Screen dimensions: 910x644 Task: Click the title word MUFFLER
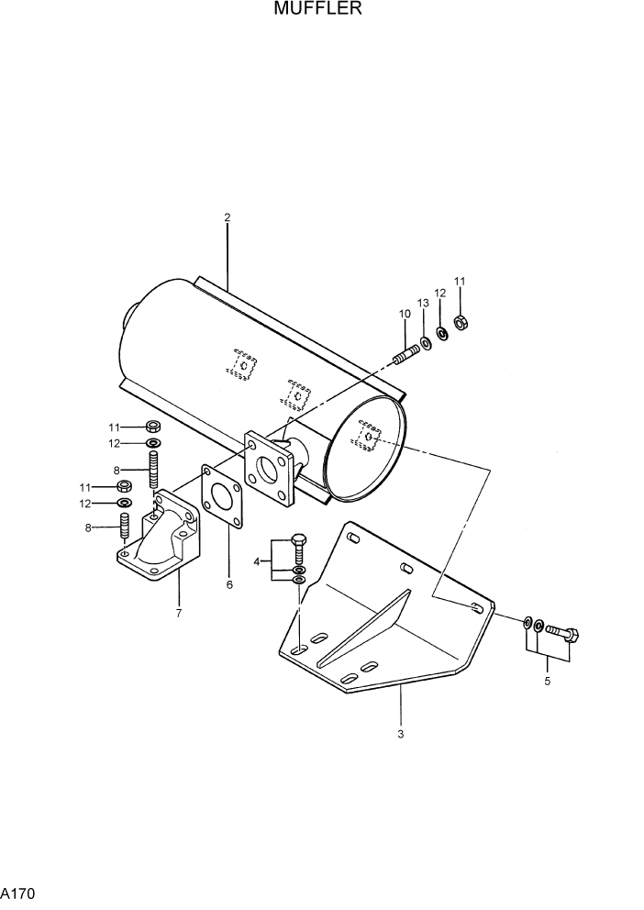[x=316, y=10]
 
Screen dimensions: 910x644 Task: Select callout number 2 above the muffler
[x=227, y=217]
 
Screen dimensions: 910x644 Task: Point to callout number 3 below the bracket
[x=400, y=734]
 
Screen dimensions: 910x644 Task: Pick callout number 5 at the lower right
[x=547, y=681]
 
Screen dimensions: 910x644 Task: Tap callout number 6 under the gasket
[x=229, y=584]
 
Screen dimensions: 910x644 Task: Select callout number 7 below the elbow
[x=178, y=612]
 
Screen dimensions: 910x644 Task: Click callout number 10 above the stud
[x=405, y=315]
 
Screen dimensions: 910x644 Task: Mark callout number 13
[x=424, y=303]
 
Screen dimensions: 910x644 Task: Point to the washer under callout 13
[x=425, y=344]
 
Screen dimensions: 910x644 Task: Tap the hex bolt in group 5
[x=562, y=632]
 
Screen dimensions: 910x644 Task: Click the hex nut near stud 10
[x=461, y=322]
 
